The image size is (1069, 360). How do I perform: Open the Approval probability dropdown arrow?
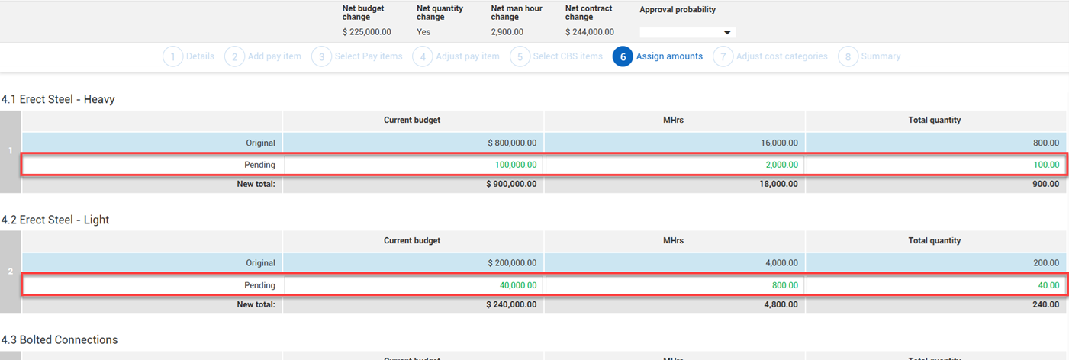726,33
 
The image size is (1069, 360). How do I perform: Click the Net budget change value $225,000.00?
367,32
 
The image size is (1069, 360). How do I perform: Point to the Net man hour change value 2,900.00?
507,32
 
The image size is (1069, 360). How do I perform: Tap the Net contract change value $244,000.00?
589,32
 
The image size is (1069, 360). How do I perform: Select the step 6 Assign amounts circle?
623,56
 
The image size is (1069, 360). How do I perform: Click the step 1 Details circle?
173,56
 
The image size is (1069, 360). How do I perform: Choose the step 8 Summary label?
881,56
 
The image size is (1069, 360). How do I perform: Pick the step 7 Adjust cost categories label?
781,56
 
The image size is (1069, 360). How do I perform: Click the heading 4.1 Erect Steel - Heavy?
58,99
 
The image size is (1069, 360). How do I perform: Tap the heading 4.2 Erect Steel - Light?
56,220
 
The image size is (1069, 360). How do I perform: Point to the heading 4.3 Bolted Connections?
60,339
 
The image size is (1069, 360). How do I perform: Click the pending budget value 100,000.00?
515,165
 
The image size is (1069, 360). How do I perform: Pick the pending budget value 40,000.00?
517,285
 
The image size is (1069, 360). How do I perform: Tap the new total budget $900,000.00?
511,184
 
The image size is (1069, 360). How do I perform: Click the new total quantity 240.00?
1045,304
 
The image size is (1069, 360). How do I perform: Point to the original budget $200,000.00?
512,263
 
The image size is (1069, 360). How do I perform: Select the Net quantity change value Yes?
423,32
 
